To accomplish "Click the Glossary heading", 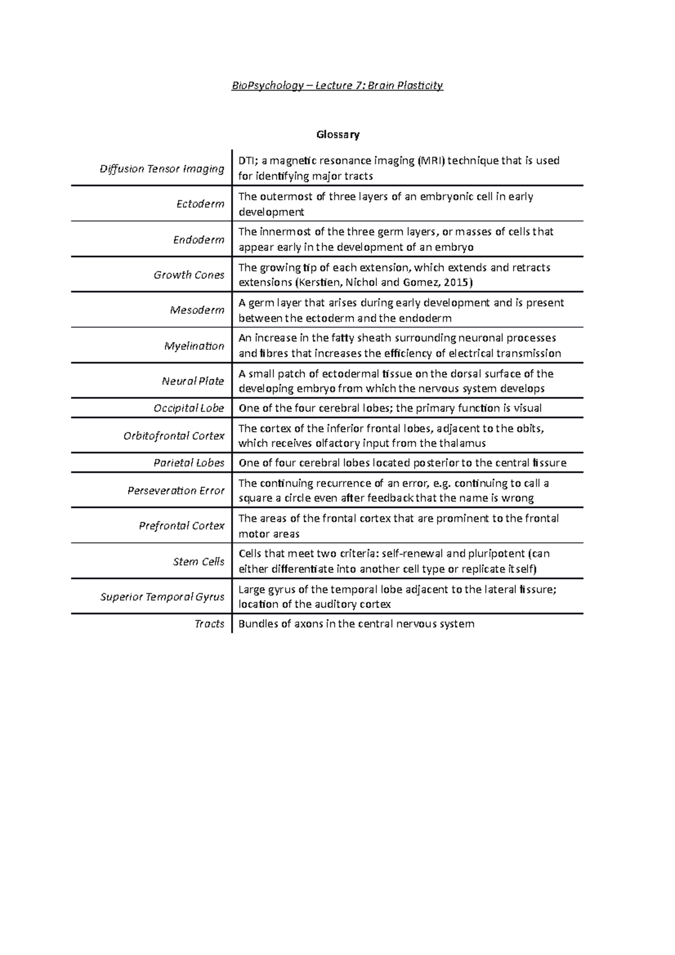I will coord(337,134).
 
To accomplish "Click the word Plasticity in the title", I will coord(420,85).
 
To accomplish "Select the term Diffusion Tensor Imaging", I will coord(162,169).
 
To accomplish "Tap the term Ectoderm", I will coord(200,204).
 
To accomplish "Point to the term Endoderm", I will coord(199,240).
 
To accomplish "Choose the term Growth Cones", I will coord(189,275).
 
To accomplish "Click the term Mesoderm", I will coord(197,310).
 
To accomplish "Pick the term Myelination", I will coord(194,346).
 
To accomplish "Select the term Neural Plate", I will coord(193,381).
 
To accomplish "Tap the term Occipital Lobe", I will coord(189,408).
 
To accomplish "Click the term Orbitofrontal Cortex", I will coord(174,436).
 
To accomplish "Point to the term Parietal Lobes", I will coord(189,463).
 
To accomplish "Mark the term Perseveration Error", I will coord(176,490).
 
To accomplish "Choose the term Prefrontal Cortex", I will coord(182,526).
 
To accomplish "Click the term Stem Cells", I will coord(199,561).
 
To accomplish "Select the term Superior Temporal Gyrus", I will coord(162,597).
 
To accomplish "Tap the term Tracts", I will coord(209,624).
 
